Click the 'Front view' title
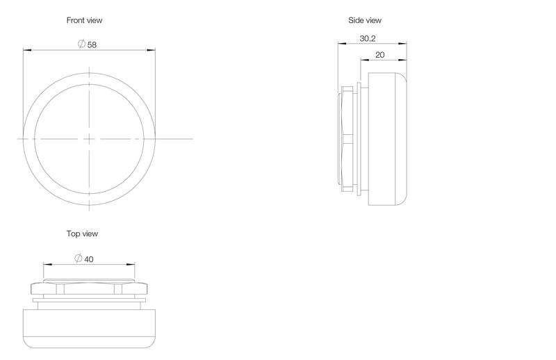click(x=84, y=20)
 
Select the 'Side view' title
click(x=365, y=20)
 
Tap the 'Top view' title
click(x=82, y=234)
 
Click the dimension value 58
click(x=92, y=44)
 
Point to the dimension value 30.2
click(x=368, y=38)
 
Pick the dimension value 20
click(x=379, y=55)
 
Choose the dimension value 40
click(x=89, y=259)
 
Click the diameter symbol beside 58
click(x=81, y=44)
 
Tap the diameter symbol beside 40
click(x=79, y=259)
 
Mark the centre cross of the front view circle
click(x=89, y=139)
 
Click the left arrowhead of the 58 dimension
click(x=27, y=50)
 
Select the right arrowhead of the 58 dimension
click(x=151, y=50)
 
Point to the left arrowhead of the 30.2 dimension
click(x=342, y=44)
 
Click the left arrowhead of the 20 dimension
click(x=365, y=60)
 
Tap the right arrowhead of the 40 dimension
click(x=131, y=264)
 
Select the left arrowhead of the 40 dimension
click(x=48, y=264)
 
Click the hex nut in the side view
click(x=347, y=139)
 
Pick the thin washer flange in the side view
click(x=359, y=139)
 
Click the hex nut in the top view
click(x=89, y=288)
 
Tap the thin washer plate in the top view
click(x=89, y=300)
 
